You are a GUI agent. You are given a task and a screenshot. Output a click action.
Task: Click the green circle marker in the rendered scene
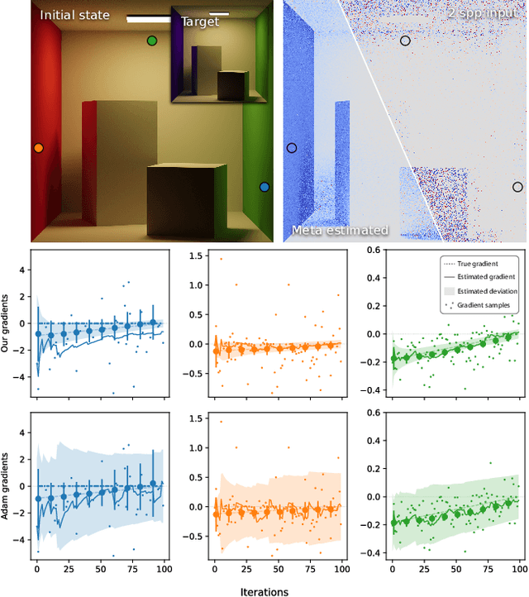[x=151, y=41]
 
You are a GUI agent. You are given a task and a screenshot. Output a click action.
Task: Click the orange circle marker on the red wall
[x=38, y=148]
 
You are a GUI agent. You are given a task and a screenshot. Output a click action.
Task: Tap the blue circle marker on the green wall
[x=264, y=187]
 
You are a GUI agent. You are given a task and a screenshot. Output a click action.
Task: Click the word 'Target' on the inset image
[x=200, y=22]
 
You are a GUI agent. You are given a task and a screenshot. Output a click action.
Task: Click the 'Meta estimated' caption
[x=340, y=230]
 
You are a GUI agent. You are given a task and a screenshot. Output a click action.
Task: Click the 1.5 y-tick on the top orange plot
[x=198, y=256]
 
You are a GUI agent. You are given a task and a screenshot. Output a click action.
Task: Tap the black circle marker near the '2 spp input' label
[x=405, y=41]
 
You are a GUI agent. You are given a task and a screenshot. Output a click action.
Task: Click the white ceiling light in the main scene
[x=149, y=19]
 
